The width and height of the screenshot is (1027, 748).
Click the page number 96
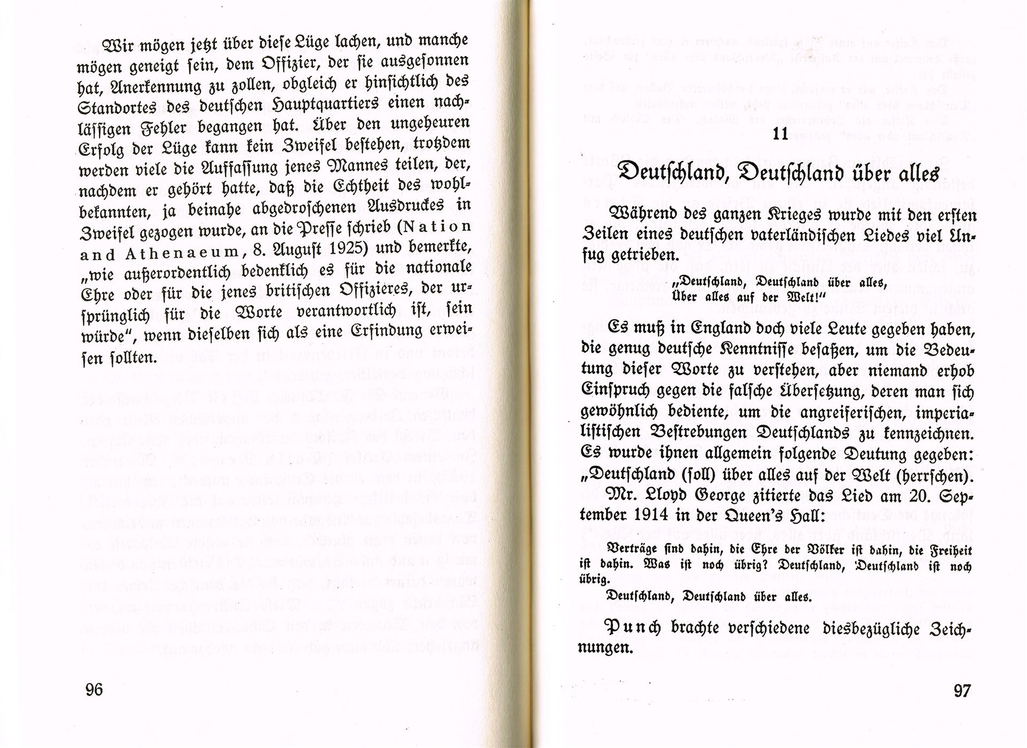[94, 690]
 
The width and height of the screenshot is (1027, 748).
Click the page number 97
[962, 691]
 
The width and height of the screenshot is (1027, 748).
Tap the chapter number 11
[780, 134]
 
